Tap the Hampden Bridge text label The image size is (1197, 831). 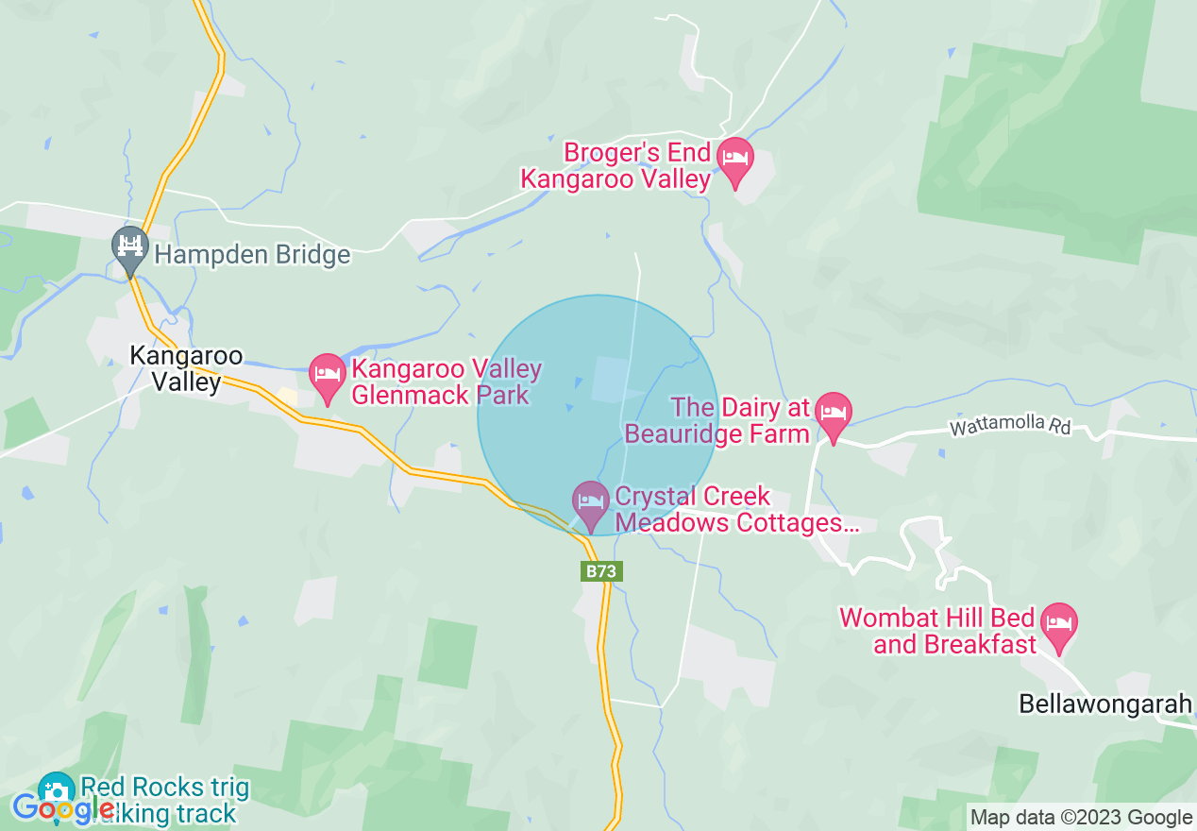point(252,254)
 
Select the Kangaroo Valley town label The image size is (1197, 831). point(186,369)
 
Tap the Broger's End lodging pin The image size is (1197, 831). point(734,160)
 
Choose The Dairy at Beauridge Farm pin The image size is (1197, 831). point(833,414)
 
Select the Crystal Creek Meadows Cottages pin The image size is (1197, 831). point(591,501)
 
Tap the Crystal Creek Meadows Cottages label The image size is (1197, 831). point(736,510)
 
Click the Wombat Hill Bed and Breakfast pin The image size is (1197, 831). point(1058,626)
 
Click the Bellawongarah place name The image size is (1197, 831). point(1105,704)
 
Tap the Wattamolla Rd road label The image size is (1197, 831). point(1010,427)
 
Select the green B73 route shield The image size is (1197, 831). point(601,571)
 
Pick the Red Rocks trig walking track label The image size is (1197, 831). point(165,800)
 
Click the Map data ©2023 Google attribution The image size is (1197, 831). point(1082,818)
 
